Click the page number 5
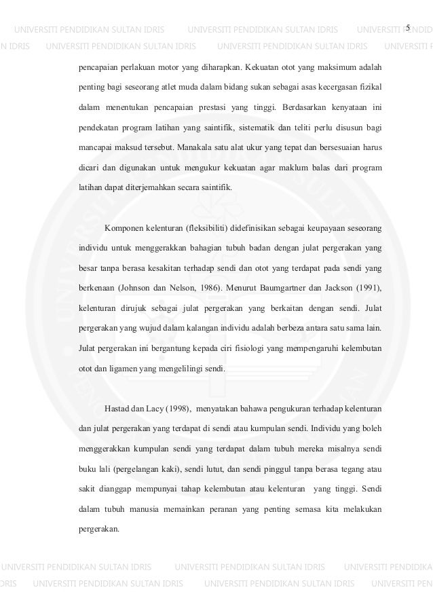[408, 27]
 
